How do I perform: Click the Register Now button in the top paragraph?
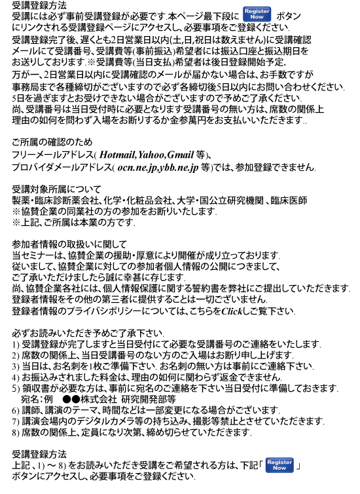(257, 14)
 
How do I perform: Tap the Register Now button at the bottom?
(279, 465)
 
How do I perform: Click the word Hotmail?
(117, 155)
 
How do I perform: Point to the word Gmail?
(180, 155)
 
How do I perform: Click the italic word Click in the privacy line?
(231, 311)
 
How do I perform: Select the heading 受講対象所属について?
(56, 189)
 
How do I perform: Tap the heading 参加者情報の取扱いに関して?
(69, 244)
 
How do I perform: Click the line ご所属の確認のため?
(52, 142)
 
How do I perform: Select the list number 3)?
(16, 366)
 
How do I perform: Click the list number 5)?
(16, 389)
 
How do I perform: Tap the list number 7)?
(16, 421)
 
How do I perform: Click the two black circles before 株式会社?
(71, 399)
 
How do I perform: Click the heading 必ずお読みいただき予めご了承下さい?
(88, 333)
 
